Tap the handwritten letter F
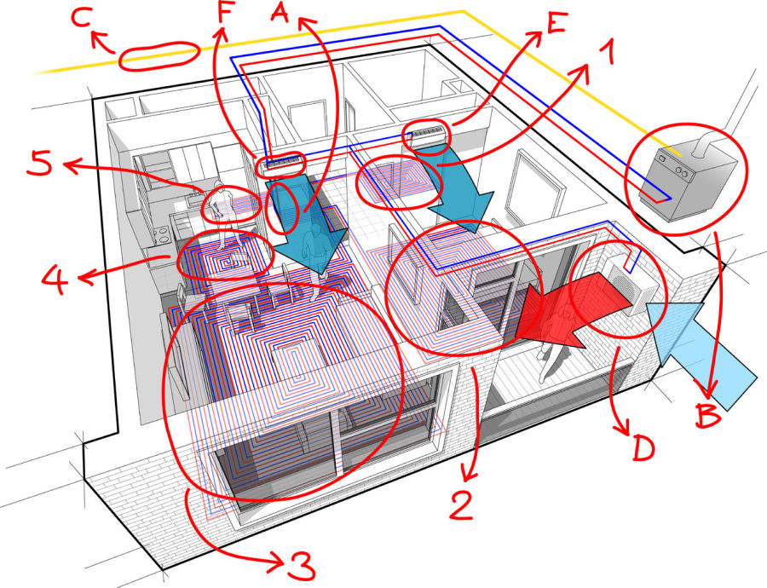(x=224, y=12)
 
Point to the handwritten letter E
(x=557, y=23)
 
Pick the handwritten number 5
(x=39, y=163)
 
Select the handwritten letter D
(x=643, y=447)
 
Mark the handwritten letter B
(x=709, y=416)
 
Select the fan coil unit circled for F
(x=280, y=164)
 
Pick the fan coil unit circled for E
(x=427, y=133)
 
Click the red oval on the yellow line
(x=159, y=57)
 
